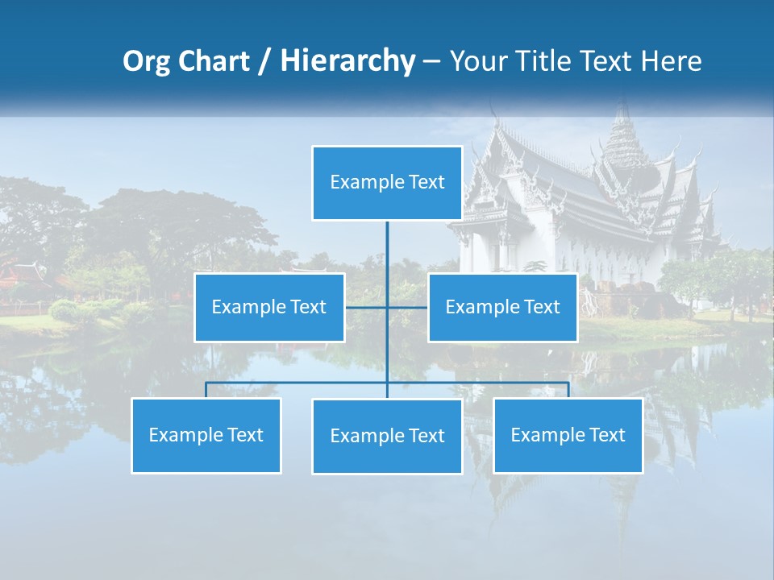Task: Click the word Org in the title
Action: pyautogui.click(x=147, y=61)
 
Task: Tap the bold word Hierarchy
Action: pyautogui.click(x=347, y=61)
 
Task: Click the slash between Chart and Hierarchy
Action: pyautogui.click(x=264, y=62)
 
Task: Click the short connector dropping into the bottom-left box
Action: pyautogui.click(x=206, y=390)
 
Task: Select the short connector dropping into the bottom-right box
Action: pyautogui.click(x=568, y=390)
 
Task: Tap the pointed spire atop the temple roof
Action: pyautogui.click(x=621, y=117)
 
